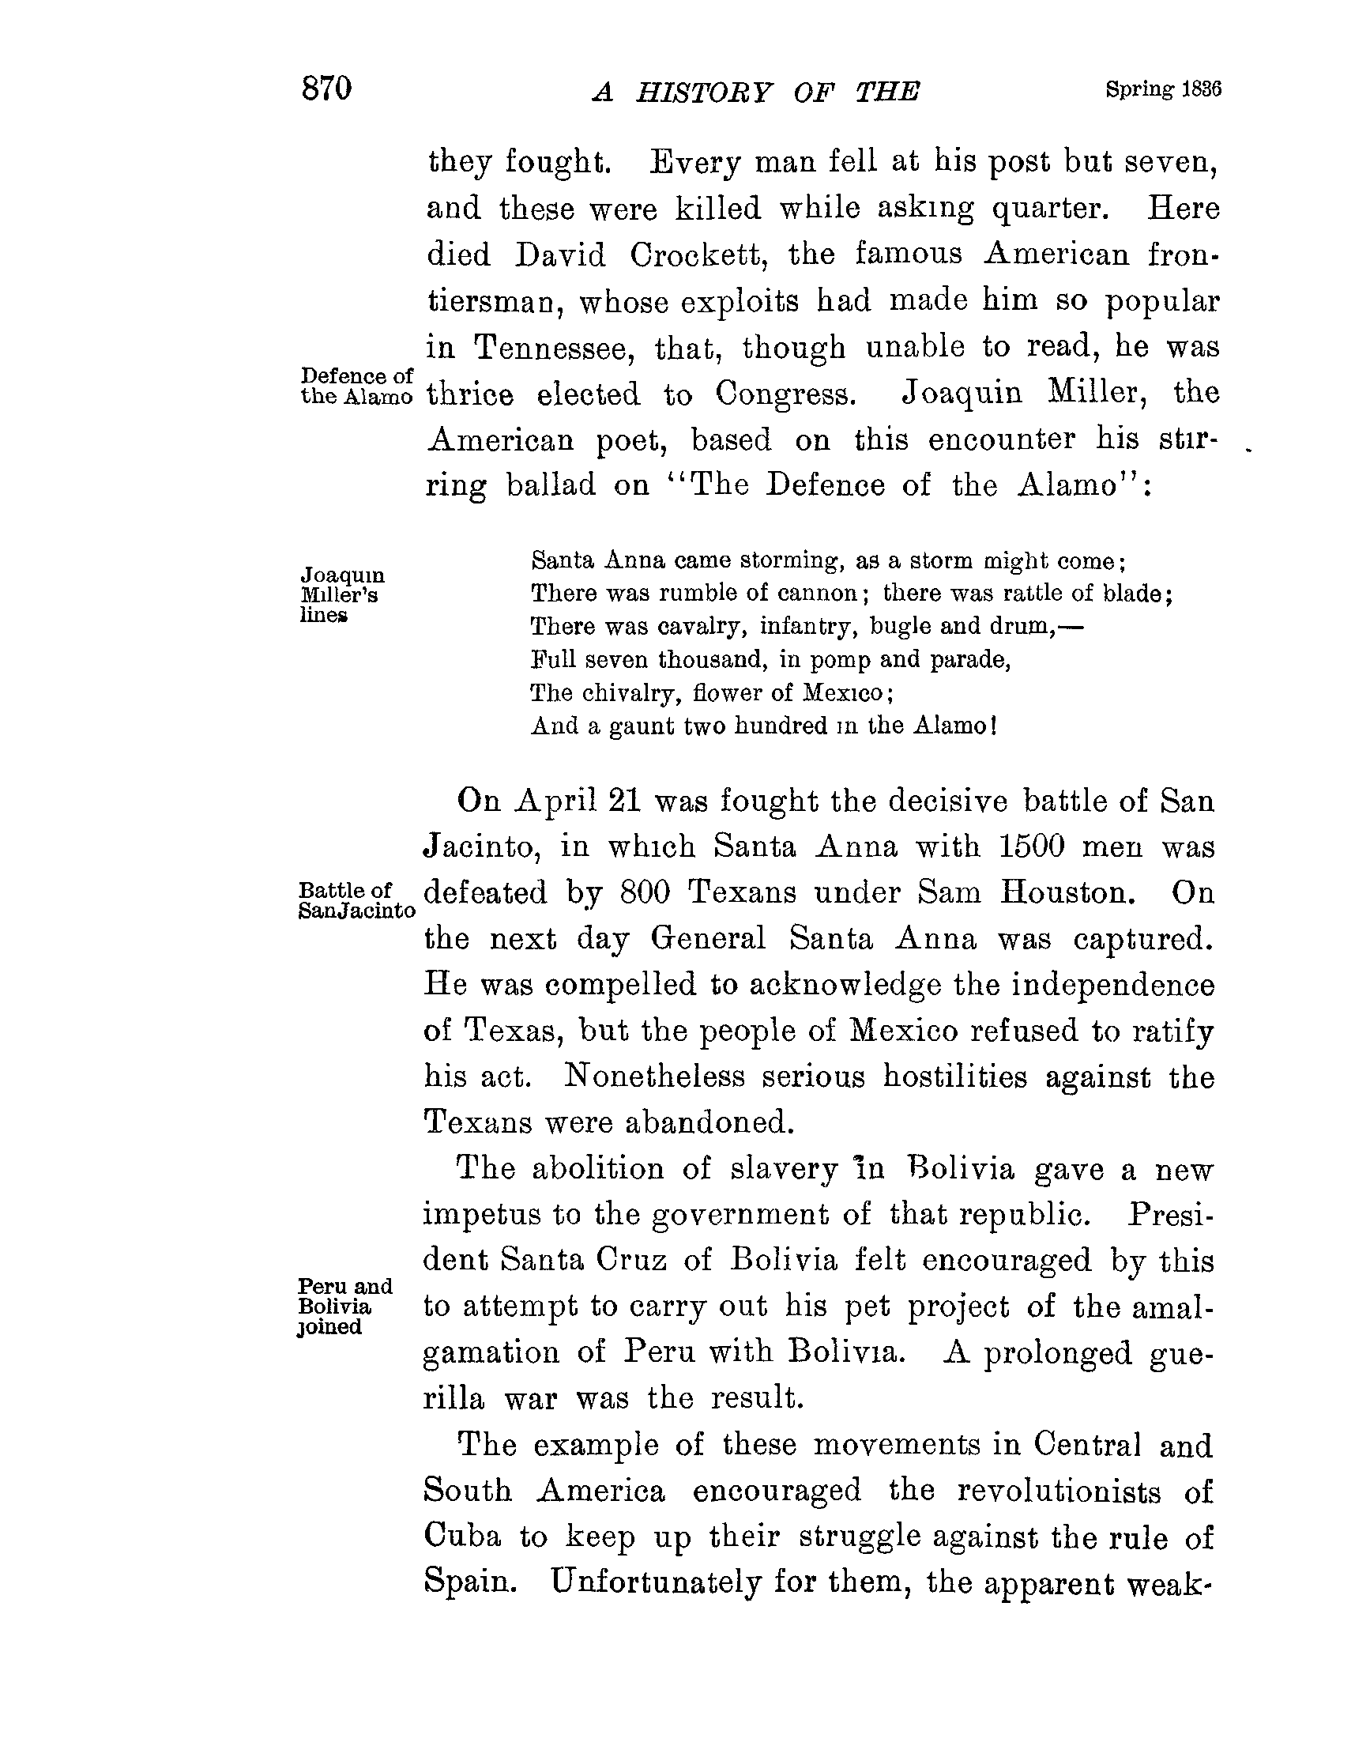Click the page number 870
(x=326, y=89)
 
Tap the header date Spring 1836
(x=1162, y=89)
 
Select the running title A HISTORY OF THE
(x=755, y=93)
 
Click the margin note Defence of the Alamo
(x=357, y=386)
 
